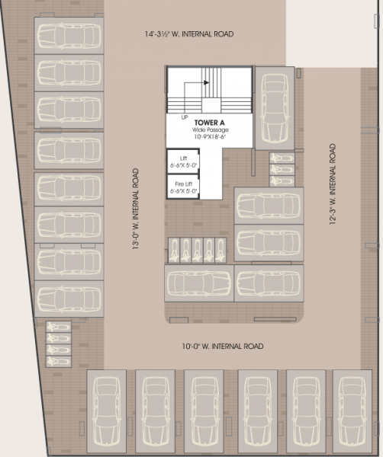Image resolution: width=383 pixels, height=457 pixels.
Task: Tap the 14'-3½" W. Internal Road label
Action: pyautogui.click(x=189, y=35)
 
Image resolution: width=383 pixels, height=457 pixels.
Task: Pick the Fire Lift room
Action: pyautogui.click(x=182, y=187)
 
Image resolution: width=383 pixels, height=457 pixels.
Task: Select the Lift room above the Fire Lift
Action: pyautogui.click(x=182, y=161)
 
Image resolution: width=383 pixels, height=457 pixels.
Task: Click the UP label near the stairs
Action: pyautogui.click(x=185, y=117)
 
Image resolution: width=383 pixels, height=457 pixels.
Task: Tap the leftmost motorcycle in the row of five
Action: pyautogui.click(x=175, y=248)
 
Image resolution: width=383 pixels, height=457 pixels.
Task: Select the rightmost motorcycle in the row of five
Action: pyautogui.click(x=221, y=248)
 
